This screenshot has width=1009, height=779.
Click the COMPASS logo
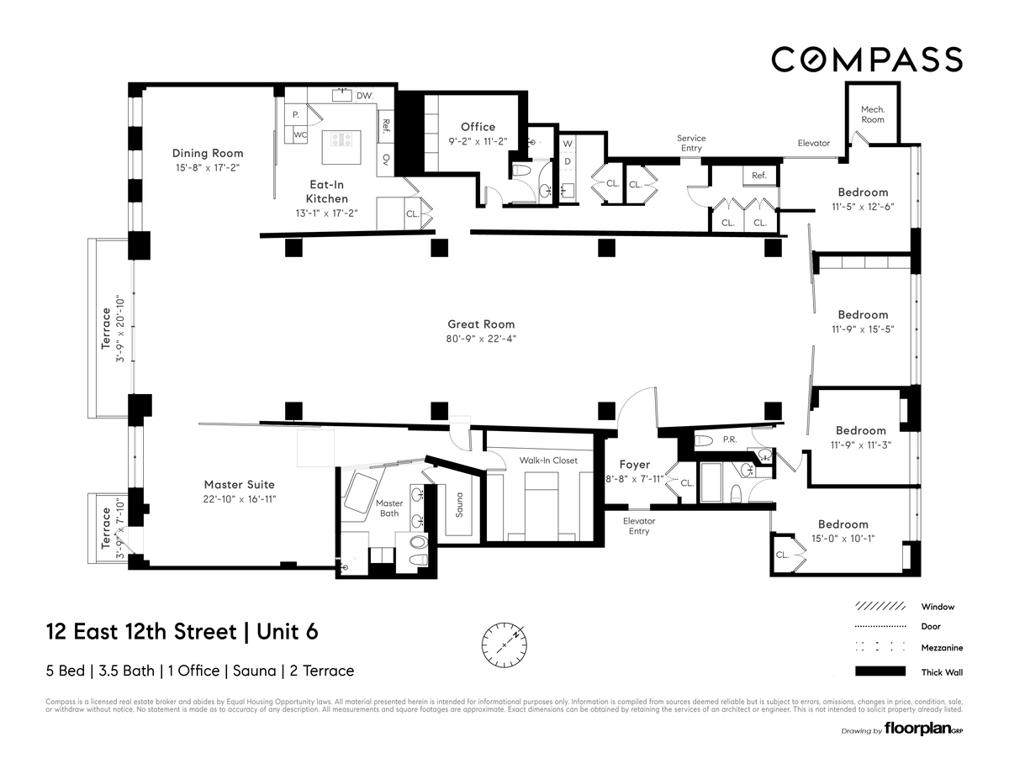867,60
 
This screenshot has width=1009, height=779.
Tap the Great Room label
481,324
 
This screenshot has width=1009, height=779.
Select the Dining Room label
208,153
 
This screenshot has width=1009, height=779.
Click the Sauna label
458,505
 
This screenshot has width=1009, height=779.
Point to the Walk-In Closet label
548,461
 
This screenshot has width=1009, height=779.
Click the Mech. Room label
873,114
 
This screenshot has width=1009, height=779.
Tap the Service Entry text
691,143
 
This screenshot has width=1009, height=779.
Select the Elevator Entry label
639,526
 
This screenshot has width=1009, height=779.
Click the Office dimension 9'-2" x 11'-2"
478,142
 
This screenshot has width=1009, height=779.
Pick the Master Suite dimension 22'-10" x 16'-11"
240,499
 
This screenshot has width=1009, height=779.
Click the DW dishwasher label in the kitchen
363,96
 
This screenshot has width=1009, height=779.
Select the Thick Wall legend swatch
880,671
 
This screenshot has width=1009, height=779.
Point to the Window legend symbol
880,606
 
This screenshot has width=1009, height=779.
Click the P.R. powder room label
729,440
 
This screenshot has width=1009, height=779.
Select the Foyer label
635,465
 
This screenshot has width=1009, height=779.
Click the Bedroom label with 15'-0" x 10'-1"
843,524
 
